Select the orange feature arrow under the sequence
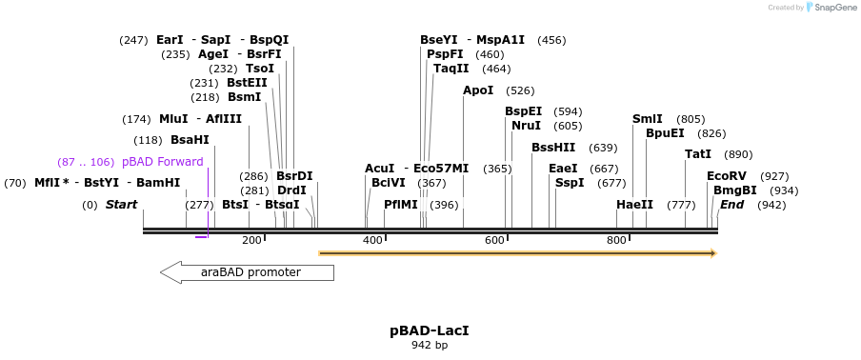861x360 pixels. click(517, 253)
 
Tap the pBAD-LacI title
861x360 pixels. click(430, 330)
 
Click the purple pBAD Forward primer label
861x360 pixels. click(162, 162)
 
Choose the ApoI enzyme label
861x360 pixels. click(478, 90)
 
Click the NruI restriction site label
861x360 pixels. click(526, 126)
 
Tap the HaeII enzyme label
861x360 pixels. click(634, 205)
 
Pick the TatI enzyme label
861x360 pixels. click(698, 154)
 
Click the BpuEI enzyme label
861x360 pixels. click(665, 133)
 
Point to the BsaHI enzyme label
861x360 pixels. click(190, 140)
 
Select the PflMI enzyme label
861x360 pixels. click(401, 205)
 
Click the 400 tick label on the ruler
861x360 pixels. click(372, 240)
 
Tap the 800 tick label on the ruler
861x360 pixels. click(616, 240)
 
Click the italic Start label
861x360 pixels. click(121, 205)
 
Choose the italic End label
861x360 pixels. click(731, 205)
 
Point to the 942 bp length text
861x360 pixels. click(430, 345)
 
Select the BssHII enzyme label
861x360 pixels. click(553, 148)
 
